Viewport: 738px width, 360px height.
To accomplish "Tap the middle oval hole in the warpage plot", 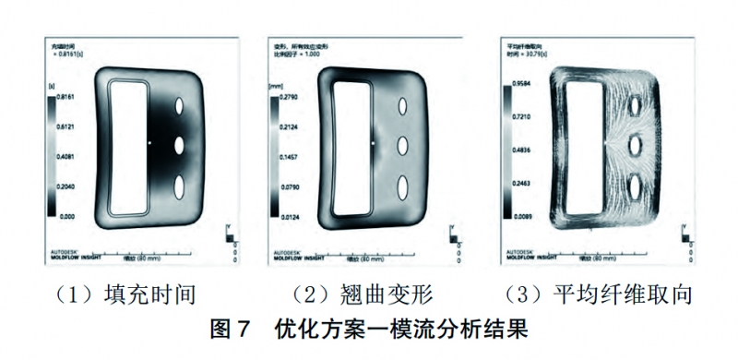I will (403, 145).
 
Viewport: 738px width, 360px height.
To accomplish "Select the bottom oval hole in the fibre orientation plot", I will (635, 186).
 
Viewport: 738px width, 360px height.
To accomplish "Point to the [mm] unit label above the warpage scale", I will (274, 84).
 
